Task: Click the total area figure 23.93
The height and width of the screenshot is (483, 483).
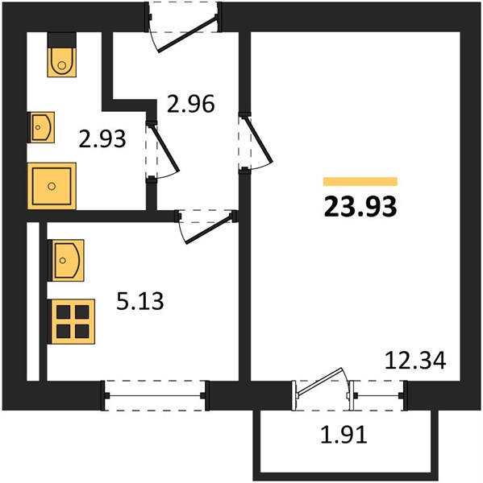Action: pos(360,207)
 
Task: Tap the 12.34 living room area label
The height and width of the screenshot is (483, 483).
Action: pos(415,361)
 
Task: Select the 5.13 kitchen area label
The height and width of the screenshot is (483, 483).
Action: pos(139,301)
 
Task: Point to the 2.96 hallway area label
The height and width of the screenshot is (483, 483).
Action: pos(191,104)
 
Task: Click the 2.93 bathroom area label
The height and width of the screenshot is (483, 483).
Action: pos(102,138)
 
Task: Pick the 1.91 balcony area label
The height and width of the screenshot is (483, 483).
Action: pos(344,435)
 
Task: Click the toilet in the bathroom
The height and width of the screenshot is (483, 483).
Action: pos(62,62)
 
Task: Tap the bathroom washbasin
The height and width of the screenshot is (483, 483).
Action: pos(42,127)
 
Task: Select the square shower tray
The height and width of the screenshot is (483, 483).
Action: pos(52,186)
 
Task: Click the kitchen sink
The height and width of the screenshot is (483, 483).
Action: pos(66,260)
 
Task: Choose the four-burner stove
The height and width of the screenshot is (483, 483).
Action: pos(73,321)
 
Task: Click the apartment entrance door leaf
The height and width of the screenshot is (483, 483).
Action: pos(186,34)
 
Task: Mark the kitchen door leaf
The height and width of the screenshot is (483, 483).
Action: pos(208,229)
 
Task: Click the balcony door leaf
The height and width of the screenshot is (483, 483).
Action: pos(319,381)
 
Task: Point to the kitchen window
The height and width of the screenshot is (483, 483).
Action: pos(155,396)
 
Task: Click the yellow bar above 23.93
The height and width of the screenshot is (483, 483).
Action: pos(360,181)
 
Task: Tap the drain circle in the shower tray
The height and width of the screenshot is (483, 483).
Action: pos(52,186)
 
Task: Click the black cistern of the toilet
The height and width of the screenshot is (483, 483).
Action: pos(62,39)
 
